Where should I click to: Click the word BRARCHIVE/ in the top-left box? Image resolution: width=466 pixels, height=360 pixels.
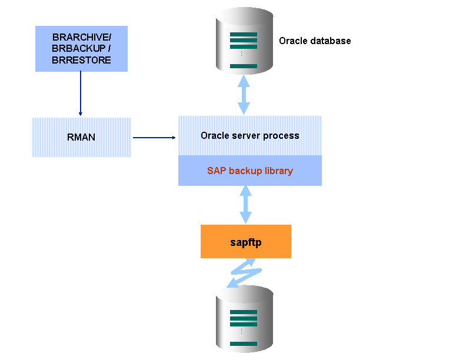[81, 38]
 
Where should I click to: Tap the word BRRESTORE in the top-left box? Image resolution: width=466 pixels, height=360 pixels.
[81, 60]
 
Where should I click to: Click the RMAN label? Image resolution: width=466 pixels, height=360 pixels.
[81, 138]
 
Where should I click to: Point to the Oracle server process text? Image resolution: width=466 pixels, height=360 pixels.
[249, 136]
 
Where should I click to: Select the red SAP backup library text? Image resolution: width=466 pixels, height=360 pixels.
[249, 171]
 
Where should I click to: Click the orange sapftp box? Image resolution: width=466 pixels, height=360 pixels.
[246, 241]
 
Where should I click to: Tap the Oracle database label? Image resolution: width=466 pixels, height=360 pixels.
[315, 41]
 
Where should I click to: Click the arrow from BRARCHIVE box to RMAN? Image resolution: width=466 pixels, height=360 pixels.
[80, 94]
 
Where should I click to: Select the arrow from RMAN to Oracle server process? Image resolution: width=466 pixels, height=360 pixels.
[154, 138]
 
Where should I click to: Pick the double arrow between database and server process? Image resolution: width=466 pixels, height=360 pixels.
[244, 95]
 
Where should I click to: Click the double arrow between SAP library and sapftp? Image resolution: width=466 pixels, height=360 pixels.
[245, 205]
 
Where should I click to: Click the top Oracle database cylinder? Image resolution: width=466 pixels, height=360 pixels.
[244, 41]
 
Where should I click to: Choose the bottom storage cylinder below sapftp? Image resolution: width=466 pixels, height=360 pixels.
[244, 321]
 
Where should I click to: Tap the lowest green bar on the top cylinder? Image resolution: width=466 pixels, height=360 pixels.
[244, 66]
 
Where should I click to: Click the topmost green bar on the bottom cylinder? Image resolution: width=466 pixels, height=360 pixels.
[244, 312]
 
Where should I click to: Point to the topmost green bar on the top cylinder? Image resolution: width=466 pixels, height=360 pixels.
[244, 35]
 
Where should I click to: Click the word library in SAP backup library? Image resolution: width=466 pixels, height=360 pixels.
[278, 171]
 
